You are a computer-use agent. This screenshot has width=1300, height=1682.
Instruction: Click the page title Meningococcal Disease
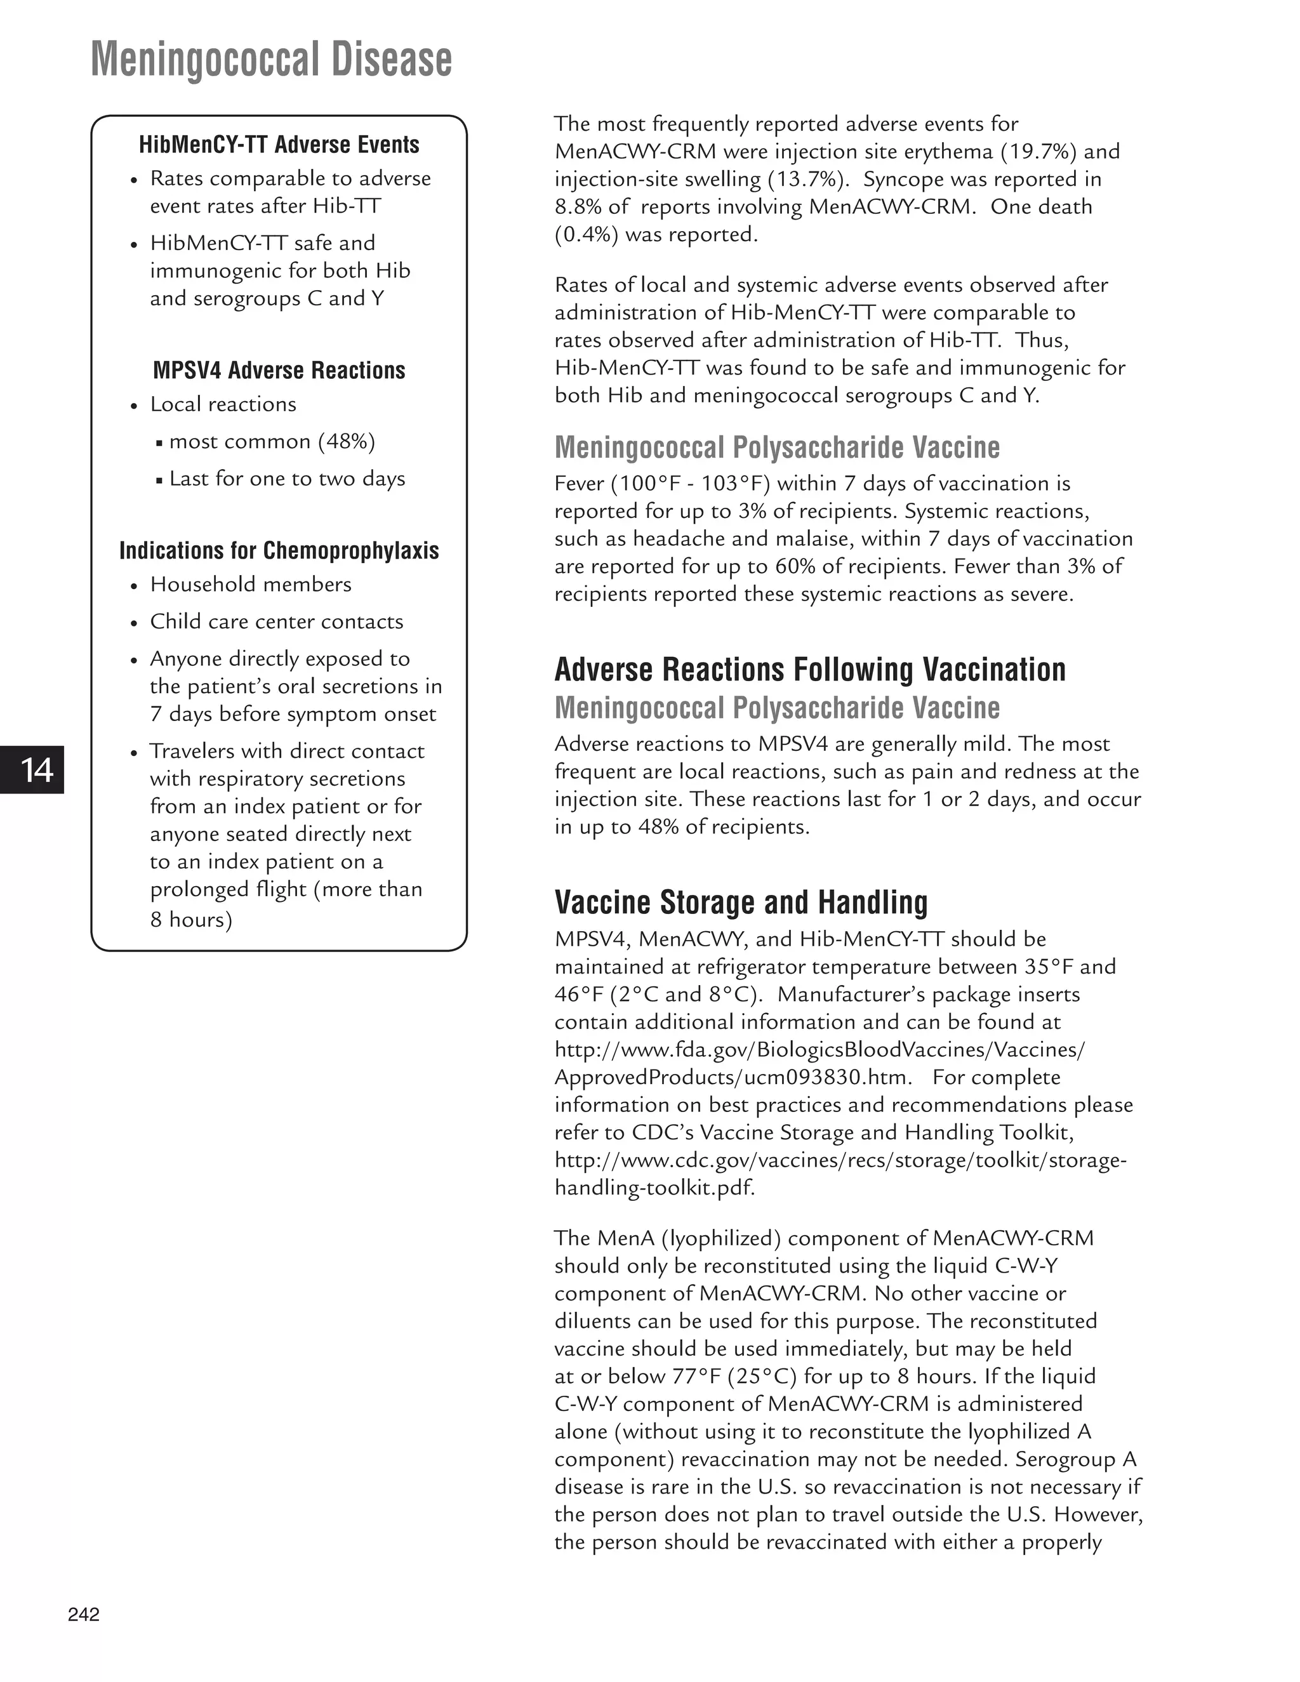pos(271,59)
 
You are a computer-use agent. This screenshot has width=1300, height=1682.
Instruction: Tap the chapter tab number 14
pos(36,769)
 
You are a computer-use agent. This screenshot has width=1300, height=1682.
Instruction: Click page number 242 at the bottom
pos(83,1615)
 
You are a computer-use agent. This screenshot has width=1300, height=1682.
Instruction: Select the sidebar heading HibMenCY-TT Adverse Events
pos(279,145)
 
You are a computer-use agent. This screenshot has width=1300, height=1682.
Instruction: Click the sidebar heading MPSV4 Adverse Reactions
pos(279,371)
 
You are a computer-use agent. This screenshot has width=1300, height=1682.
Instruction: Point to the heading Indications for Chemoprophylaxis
pos(279,551)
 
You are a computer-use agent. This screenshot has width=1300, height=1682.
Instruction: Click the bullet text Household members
pos(250,585)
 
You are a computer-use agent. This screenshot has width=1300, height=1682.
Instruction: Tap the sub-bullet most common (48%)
pos(272,441)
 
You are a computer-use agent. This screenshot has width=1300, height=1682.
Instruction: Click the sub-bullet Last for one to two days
pos(286,479)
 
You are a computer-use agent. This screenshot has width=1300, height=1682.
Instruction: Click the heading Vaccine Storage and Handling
pos(740,902)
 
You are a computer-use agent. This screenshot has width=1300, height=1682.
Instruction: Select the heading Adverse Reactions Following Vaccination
pos(809,669)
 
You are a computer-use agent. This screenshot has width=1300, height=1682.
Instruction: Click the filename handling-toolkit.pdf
pos(654,1188)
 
